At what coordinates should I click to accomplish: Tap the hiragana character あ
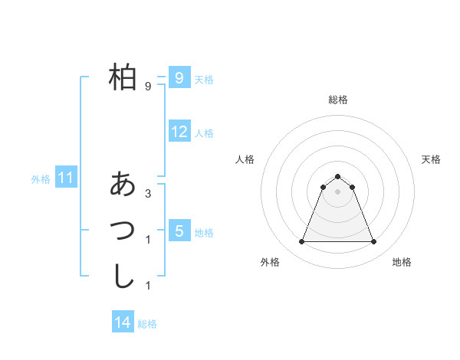(x=123, y=184)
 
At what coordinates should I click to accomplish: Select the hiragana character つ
(x=123, y=229)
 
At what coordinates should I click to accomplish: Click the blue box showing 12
(x=179, y=132)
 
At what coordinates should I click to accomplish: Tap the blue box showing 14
(x=123, y=323)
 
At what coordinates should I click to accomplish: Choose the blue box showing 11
(x=66, y=178)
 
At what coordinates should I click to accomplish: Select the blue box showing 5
(x=179, y=231)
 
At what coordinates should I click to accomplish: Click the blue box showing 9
(x=179, y=77)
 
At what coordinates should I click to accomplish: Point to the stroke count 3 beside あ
(x=148, y=193)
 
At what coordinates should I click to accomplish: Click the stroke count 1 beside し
(x=148, y=286)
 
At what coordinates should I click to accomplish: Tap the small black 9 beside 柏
(x=148, y=87)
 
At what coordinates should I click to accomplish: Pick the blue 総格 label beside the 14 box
(x=147, y=324)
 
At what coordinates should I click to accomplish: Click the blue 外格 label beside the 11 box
(x=41, y=179)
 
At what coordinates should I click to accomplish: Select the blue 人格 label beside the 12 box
(x=204, y=133)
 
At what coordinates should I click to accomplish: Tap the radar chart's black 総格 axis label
(x=337, y=100)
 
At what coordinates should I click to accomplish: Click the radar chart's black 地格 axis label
(x=402, y=262)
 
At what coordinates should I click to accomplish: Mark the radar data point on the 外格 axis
(x=301, y=242)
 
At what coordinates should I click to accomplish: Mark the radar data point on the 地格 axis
(x=374, y=242)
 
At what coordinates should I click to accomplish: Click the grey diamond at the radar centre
(x=337, y=191)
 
